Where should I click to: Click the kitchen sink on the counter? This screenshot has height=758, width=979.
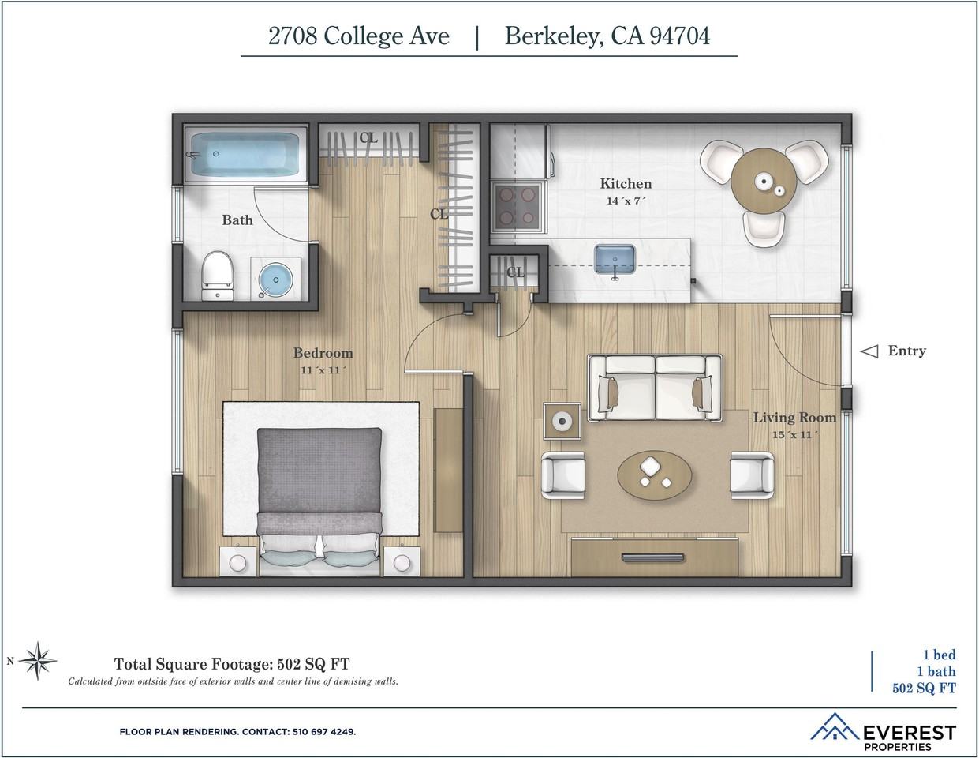[615, 259]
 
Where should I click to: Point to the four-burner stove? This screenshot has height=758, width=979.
[518, 206]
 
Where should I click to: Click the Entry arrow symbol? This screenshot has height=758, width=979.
[869, 351]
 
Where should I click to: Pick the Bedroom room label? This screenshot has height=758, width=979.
[323, 353]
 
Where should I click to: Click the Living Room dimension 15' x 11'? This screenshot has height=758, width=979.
[794, 435]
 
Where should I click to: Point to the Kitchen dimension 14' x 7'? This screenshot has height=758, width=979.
[626, 201]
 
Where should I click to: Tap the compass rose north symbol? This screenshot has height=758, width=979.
[37, 661]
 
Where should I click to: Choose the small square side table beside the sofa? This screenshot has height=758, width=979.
[562, 422]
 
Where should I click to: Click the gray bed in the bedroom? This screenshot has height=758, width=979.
[319, 490]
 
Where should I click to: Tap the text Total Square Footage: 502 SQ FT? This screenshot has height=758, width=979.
[232, 663]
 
